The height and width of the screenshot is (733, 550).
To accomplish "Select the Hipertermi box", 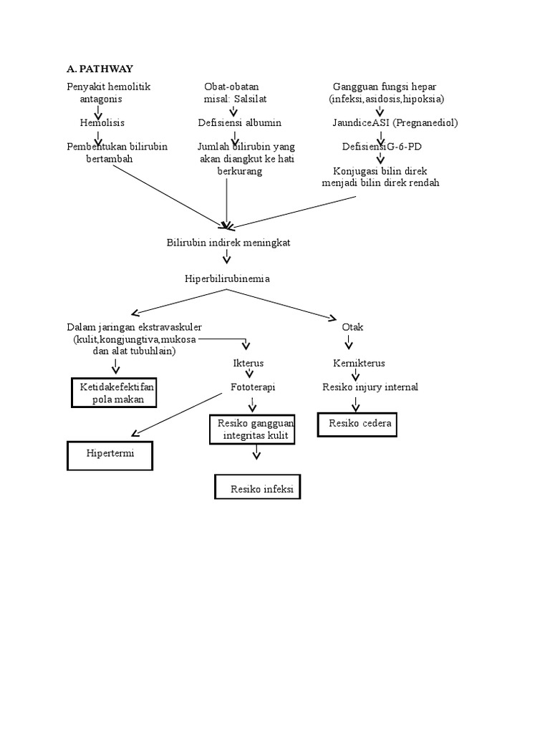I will click(110, 455).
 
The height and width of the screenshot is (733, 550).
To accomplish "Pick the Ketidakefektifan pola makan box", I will click(114, 393).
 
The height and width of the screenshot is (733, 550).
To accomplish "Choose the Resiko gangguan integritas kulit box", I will click(252, 429).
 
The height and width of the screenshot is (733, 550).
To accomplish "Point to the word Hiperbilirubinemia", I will click(227, 278).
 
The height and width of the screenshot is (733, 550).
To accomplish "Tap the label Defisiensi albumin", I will click(240, 123).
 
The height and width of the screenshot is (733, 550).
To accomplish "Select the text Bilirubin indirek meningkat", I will click(228, 243).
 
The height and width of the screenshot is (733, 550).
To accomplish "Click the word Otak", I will click(353, 327).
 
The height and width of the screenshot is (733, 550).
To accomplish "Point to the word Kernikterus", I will click(360, 363).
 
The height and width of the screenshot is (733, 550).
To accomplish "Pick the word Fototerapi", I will click(253, 387).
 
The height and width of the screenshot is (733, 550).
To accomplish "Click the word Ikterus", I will click(249, 363).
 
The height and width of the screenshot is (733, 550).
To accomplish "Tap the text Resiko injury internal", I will click(370, 387).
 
